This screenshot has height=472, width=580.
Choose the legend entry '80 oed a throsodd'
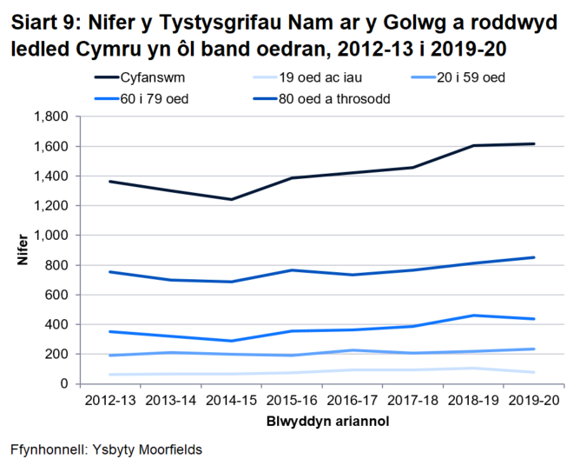[x=334, y=98]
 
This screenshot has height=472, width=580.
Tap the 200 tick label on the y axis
[x=58, y=354]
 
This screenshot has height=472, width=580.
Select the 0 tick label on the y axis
[x=65, y=383]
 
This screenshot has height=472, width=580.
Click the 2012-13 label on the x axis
[x=110, y=402]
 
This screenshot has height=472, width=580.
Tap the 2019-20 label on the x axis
[x=534, y=402]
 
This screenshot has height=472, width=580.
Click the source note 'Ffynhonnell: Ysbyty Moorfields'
[x=106, y=450]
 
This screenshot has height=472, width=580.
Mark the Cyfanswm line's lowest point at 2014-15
[x=232, y=199]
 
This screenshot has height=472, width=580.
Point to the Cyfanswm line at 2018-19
[x=473, y=145]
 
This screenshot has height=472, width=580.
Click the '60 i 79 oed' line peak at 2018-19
[x=473, y=316]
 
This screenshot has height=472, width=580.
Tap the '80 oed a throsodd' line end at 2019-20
[x=534, y=257]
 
